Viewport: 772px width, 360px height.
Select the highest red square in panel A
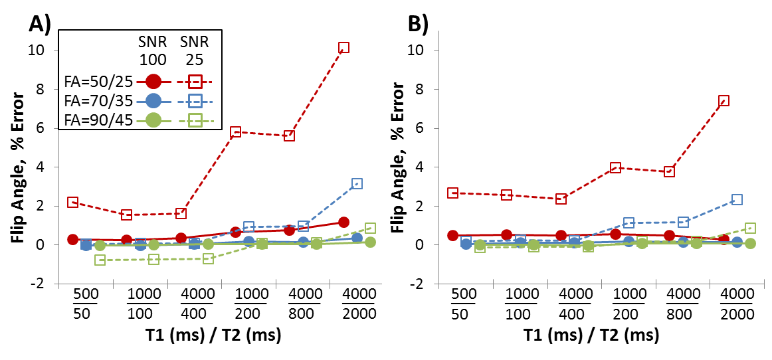pos(343,48)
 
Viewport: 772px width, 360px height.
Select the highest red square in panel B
pos(724,101)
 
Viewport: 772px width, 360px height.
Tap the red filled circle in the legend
pos(153,82)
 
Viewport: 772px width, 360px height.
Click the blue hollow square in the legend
pos(197,101)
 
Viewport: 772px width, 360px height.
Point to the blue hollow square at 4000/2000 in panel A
pos(357,184)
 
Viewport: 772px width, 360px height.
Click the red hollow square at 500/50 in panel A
pos(73,203)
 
